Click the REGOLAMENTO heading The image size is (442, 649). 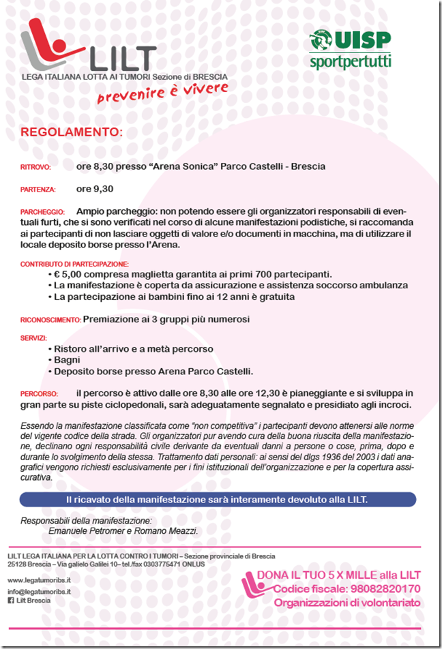pyautogui.click(x=71, y=132)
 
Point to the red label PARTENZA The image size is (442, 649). pyautogui.click(x=38, y=190)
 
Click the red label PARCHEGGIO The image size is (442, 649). pyautogui.click(x=42, y=212)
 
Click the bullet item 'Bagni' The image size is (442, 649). pyautogui.click(x=67, y=360)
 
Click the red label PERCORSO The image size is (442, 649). pyautogui.click(x=38, y=395)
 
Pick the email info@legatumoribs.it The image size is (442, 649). pyautogui.click(x=40, y=592)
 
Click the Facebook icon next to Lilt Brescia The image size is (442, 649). pyautogui.click(x=10, y=601)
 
